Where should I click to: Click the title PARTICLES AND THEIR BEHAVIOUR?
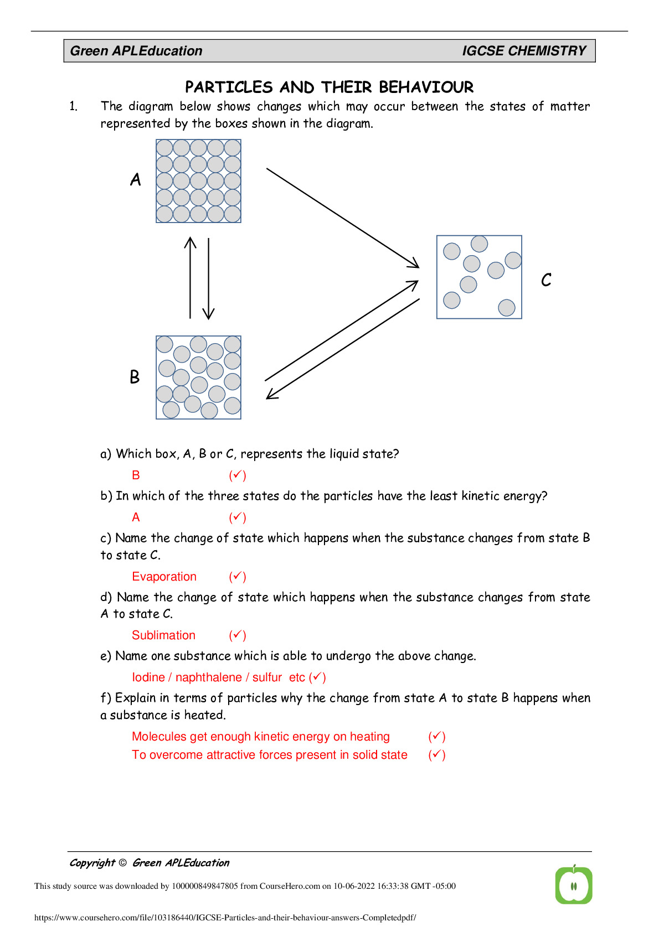tap(329, 87)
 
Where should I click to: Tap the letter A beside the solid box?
tap(136, 179)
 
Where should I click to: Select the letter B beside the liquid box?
tap(135, 377)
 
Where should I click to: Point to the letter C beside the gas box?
tap(546, 280)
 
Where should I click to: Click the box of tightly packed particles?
tap(198, 181)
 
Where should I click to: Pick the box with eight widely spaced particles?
tap(479, 277)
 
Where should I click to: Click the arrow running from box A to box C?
tap(342, 218)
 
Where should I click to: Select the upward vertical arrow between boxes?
tap(190, 278)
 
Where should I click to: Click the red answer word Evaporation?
tap(164, 577)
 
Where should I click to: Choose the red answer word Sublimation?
tap(163, 635)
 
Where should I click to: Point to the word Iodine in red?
tap(148, 677)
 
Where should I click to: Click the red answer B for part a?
tap(136, 475)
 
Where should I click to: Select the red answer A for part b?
tap(136, 517)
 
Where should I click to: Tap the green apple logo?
tap(574, 885)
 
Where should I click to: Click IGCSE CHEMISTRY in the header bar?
tap(524, 51)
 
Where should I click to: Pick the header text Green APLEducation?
tap(136, 51)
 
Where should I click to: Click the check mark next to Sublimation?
tap(238, 635)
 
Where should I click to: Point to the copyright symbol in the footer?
tap(122, 863)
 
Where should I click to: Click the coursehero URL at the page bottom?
tap(225, 918)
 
